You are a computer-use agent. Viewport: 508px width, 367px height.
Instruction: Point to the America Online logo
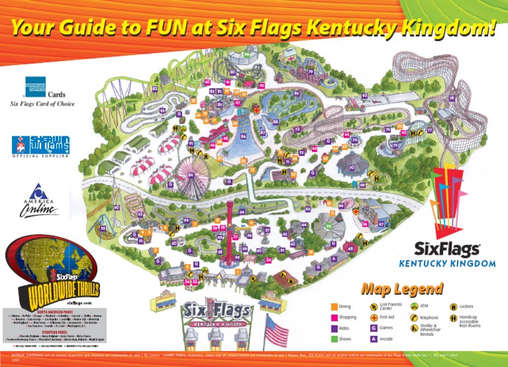[x=41, y=199]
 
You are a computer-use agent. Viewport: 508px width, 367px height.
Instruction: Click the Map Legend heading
[x=402, y=289]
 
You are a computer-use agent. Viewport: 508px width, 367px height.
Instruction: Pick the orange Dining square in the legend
[x=334, y=307]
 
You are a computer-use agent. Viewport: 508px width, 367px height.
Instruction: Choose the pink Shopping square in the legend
[x=334, y=317]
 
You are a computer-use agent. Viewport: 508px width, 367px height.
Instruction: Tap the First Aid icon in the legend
[x=374, y=317]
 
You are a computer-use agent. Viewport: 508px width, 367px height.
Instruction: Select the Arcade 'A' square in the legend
[x=374, y=339]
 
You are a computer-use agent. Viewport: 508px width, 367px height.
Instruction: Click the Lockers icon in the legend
[x=453, y=307]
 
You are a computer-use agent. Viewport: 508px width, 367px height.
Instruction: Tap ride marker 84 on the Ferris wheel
[x=190, y=175]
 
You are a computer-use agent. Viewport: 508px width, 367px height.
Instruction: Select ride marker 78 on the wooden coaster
[x=452, y=99]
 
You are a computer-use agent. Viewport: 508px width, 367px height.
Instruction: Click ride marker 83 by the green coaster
[x=155, y=88]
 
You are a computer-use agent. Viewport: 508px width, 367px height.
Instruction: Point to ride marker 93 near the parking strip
[x=364, y=95]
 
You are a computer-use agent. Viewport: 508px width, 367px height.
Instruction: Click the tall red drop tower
[x=230, y=225]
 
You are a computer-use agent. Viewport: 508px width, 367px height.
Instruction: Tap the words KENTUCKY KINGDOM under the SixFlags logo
[x=446, y=264]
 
